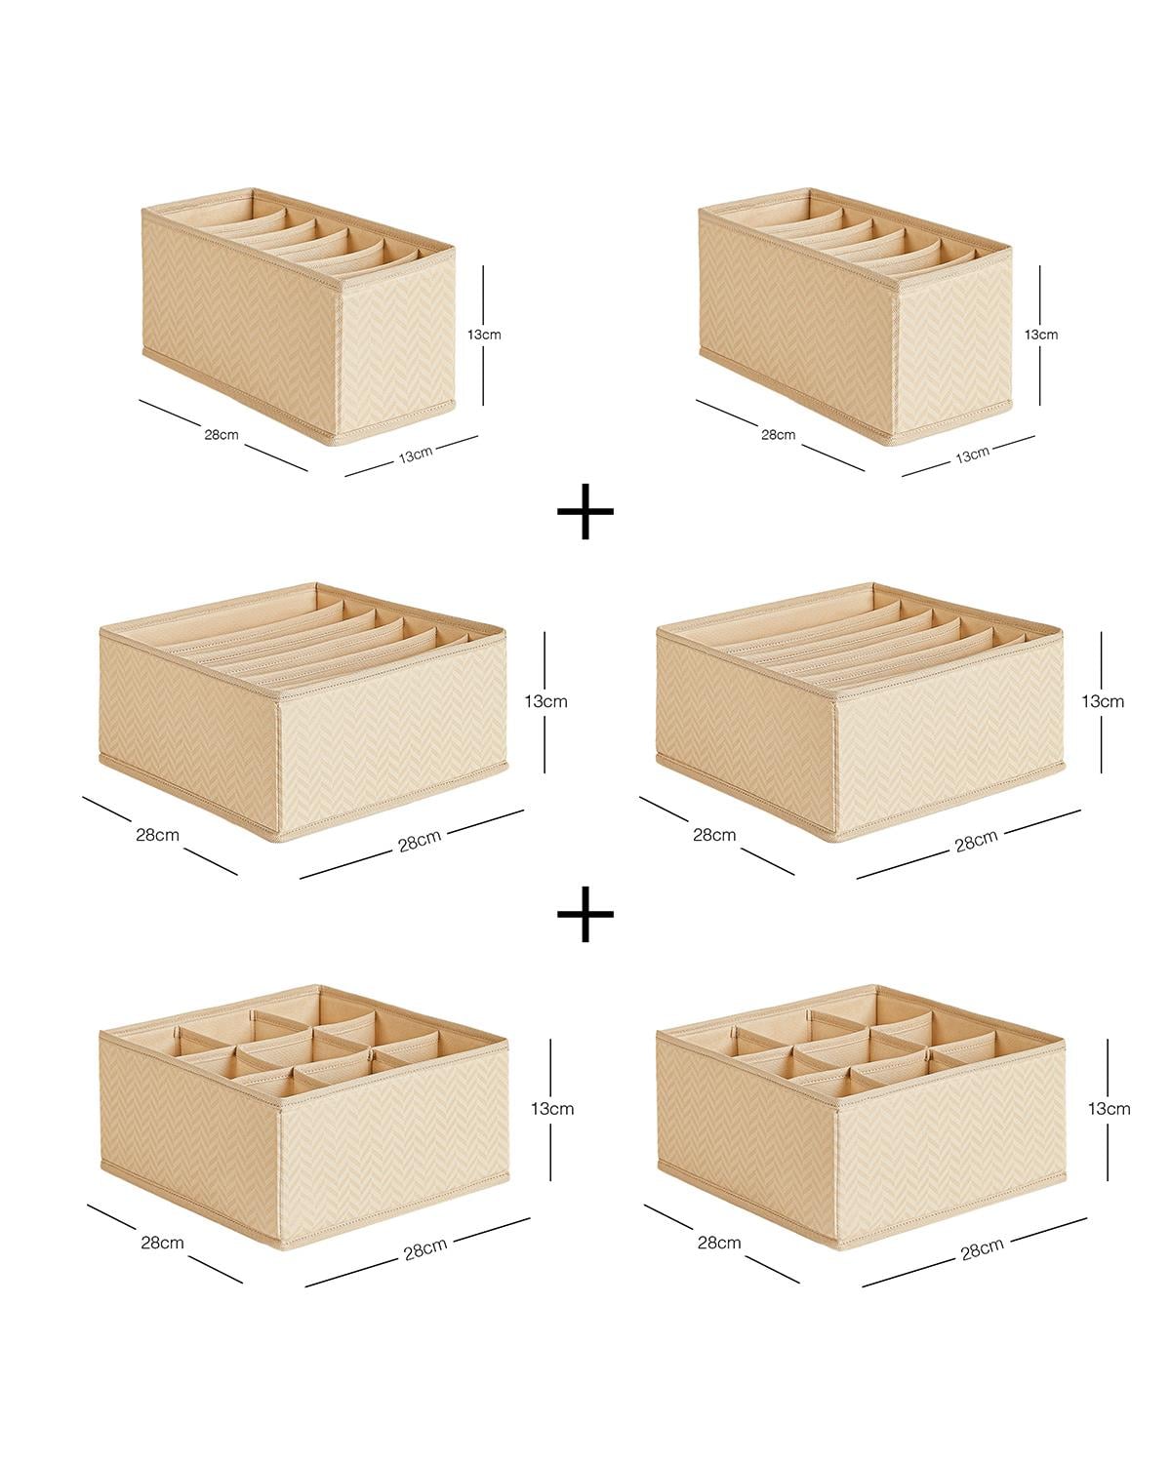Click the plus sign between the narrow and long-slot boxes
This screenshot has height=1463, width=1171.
pyautogui.click(x=585, y=511)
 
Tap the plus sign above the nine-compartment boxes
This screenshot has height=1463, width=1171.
pyautogui.click(x=585, y=914)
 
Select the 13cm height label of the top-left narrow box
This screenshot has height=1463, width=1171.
pyautogui.click(x=484, y=335)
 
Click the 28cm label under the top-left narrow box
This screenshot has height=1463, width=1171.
pyautogui.click(x=222, y=434)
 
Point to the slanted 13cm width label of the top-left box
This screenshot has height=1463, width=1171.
pyautogui.click(x=416, y=455)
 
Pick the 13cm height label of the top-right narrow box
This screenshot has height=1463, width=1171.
pyautogui.click(x=1041, y=335)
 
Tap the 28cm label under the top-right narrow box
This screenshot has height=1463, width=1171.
pyautogui.click(x=779, y=434)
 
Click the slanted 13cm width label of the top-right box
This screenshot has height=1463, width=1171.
pyautogui.click(x=972, y=455)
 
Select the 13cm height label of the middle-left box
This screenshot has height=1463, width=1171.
pyautogui.click(x=545, y=701)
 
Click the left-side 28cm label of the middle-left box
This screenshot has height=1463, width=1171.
pyautogui.click(x=157, y=835)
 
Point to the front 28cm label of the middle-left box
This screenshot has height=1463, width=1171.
pyautogui.click(x=420, y=842)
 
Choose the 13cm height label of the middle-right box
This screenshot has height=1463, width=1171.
pyautogui.click(x=1103, y=701)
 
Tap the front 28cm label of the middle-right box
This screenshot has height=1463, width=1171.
pyautogui.click(x=977, y=842)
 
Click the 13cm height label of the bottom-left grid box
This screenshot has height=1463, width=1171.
pyautogui.click(x=551, y=1109)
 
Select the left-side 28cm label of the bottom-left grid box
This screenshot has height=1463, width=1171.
pyautogui.click(x=163, y=1243)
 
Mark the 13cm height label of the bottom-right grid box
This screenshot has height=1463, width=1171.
pyautogui.click(x=1110, y=1109)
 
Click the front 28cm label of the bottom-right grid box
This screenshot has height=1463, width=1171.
pyautogui.click(x=982, y=1249)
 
